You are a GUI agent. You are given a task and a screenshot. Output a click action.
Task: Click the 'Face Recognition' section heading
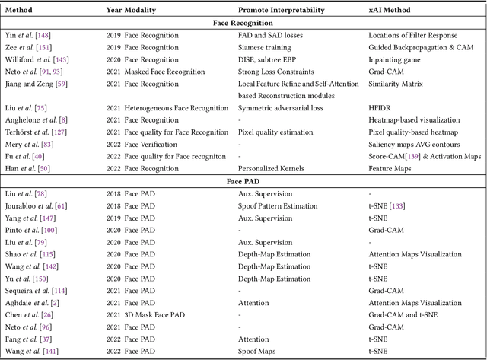[243, 23]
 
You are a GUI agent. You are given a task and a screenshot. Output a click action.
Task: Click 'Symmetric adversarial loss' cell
[281, 109]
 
